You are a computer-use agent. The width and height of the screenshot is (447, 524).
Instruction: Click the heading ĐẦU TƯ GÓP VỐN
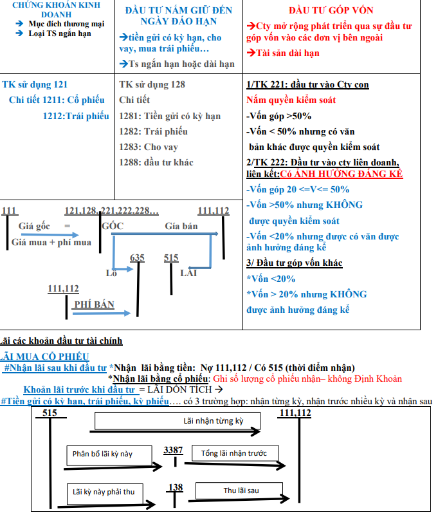click(x=331, y=10)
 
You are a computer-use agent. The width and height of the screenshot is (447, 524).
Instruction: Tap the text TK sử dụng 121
click(x=35, y=84)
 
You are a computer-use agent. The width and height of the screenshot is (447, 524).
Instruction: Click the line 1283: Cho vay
click(x=149, y=147)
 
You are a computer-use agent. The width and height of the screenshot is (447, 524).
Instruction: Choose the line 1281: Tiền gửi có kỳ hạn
click(x=170, y=116)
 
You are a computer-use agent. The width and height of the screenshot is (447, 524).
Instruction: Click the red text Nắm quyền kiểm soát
click(x=291, y=100)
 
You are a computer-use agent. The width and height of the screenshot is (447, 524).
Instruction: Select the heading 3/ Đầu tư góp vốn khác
click(x=295, y=263)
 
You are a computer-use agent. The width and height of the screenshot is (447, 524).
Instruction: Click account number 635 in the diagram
click(x=137, y=257)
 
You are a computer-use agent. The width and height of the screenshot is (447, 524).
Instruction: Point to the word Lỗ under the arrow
click(x=112, y=273)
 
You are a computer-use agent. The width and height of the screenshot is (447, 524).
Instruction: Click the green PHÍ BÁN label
click(x=94, y=304)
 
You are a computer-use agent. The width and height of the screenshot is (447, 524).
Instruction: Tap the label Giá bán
click(x=181, y=226)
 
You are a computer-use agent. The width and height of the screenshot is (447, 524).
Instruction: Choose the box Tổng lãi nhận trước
click(x=233, y=453)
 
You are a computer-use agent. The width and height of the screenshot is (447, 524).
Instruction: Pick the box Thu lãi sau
click(x=241, y=491)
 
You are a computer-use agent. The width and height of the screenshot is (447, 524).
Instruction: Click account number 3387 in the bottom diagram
click(x=173, y=449)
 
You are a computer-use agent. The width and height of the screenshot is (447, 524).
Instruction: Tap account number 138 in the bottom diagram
click(x=175, y=487)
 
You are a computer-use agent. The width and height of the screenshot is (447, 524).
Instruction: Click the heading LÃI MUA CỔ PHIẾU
click(x=46, y=357)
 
